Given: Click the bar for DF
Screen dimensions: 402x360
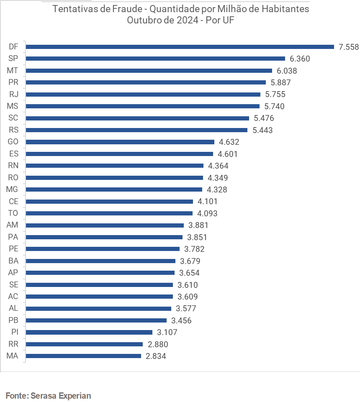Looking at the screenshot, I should pos(180,47).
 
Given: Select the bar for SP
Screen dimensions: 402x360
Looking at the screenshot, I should pos(155,59).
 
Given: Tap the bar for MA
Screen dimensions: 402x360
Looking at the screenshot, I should pos(84,356).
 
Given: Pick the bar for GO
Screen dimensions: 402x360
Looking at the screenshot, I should pos(120,142).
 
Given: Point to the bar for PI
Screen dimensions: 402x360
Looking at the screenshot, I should pos(89,332).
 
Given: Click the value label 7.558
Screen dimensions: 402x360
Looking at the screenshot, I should pos(349,47).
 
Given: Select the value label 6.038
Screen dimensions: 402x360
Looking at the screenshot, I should pos(287,71).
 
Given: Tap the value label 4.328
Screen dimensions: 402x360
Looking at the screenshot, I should pos(217,189).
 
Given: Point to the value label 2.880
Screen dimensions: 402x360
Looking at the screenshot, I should pos(157,344).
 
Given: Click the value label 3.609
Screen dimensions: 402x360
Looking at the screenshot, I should pos(188,297).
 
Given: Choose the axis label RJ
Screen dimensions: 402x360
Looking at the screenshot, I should pos(13,94).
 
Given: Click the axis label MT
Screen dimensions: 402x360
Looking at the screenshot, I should pos(13,71).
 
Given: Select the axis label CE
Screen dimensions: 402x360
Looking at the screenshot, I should pos(13,201).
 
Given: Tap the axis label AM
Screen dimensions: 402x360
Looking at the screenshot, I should pos(13,225).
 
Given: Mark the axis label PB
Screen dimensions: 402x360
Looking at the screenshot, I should pos(13,320).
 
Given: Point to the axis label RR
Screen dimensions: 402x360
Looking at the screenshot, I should pos(13,344).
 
